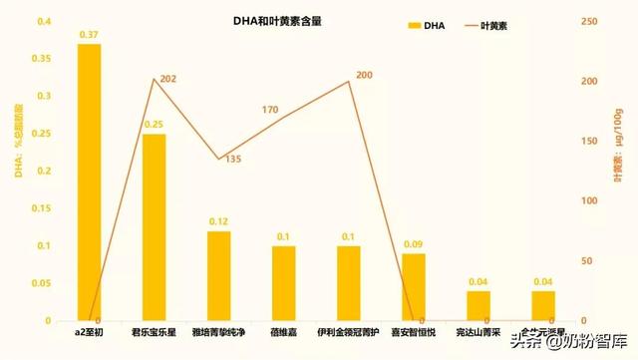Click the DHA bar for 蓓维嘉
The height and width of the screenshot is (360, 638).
(x=283, y=283)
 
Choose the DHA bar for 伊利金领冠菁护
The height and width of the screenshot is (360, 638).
(x=348, y=283)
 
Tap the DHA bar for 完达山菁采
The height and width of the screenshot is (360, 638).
(x=478, y=306)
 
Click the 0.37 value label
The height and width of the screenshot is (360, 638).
(x=89, y=35)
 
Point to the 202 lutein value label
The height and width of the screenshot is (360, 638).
(x=167, y=79)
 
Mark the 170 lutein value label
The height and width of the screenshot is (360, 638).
(x=271, y=110)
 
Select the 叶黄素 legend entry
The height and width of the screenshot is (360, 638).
(x=487, y=26)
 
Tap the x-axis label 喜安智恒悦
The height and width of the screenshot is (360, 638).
(x=413, y=331)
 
